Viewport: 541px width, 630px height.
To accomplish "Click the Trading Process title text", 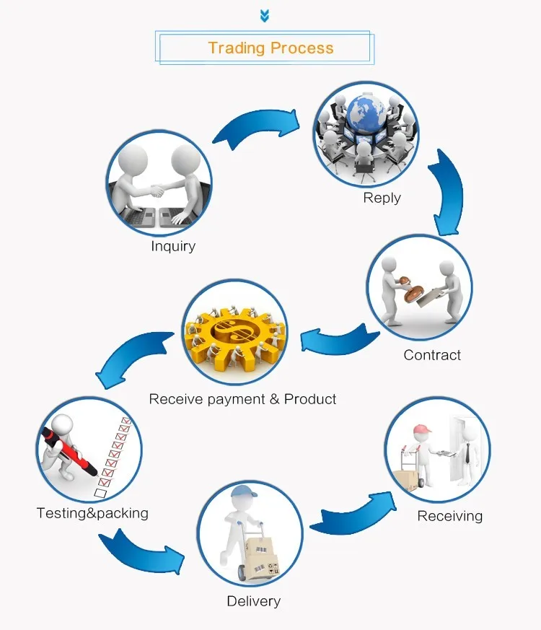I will pos(270,48).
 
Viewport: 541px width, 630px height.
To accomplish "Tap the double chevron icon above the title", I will pos(265,15).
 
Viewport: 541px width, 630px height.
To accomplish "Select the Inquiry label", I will pos(173,246).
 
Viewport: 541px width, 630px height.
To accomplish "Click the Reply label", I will pos(382,198).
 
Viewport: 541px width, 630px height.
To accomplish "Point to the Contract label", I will pos(432,354).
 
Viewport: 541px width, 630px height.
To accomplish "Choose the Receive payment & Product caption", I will pos(242,399).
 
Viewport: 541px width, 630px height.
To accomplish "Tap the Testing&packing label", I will pos(92,513).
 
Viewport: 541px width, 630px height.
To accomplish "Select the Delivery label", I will pos(253,601).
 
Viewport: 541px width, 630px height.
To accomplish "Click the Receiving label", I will pos(449,515).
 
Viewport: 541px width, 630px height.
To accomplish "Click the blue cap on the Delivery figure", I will pos(244,494).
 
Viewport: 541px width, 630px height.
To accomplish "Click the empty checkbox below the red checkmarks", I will pos(101,493).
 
